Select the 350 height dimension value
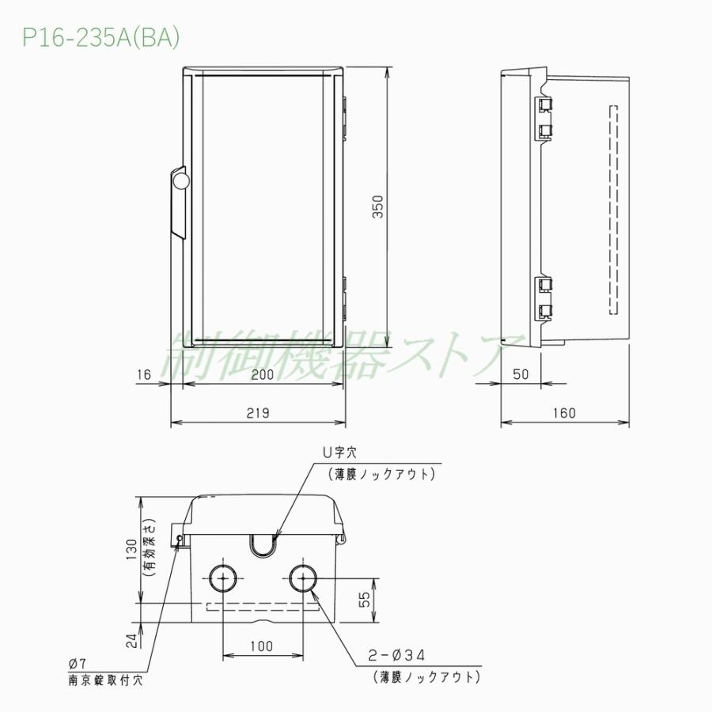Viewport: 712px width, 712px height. pyautogui.click(x=377, y=208)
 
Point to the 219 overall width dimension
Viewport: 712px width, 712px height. pyautogui.click(x=258, y=412)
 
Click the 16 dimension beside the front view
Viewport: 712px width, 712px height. pyautogui.click(x=143, y=375)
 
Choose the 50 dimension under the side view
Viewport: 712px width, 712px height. pyautogui.click(x=520, y=375)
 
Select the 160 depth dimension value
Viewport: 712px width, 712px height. pyautogui.click(x=565, y=412)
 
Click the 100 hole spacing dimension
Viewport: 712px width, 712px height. pyautogui.click(x=262, y=646)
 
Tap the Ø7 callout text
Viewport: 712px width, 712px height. pyautogui.click(x=78, y=663)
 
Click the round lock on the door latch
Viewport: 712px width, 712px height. pyautogui.click(x=180, y=180)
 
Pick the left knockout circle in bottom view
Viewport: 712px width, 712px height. pyautogui.click(x=223, y=580)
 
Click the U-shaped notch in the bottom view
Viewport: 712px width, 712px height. pyautogui.click(x=262, y=544)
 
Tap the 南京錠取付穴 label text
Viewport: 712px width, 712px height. pyautogui.click(x=105, y=679)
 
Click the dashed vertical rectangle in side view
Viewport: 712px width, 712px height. pyautogui.click(x=612, y=210)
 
